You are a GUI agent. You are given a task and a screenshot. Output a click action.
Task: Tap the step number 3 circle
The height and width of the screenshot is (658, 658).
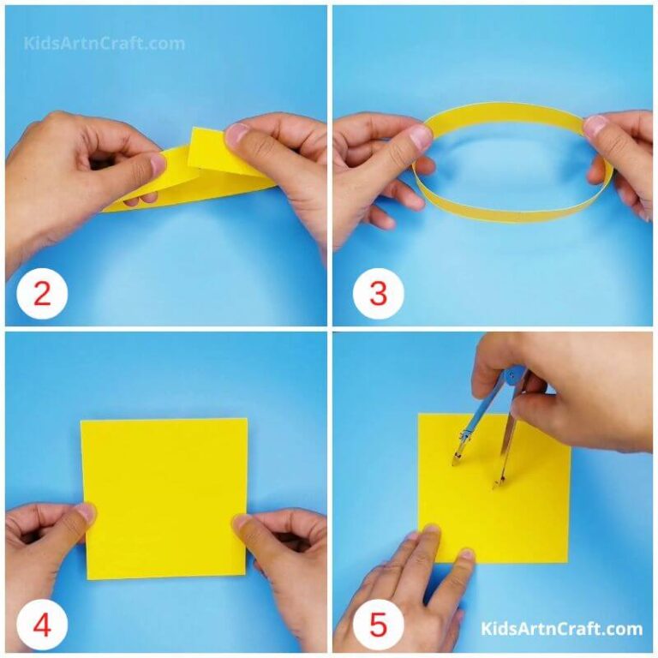tap(378, 295)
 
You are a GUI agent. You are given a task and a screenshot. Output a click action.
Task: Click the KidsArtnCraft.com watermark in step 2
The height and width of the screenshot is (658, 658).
tap(105, 43)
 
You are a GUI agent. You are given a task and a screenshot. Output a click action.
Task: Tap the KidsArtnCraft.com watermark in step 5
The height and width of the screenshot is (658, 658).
tap(561, 630)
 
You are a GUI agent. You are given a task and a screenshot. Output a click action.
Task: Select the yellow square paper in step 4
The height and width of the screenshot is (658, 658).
tap(164, 497)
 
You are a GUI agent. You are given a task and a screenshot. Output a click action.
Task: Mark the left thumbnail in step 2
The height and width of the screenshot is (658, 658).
tap(157, 164)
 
